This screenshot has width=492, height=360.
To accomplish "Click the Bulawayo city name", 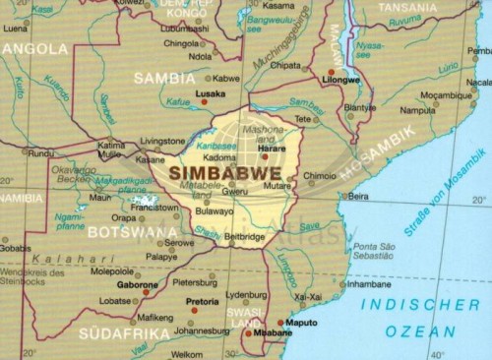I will (215, 210).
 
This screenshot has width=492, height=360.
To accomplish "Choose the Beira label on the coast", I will (359, 197).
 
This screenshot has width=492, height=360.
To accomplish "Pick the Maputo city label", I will (299, 321).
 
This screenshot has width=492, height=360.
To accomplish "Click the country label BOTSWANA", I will (132, 233).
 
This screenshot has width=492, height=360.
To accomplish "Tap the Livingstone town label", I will (162, 141).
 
